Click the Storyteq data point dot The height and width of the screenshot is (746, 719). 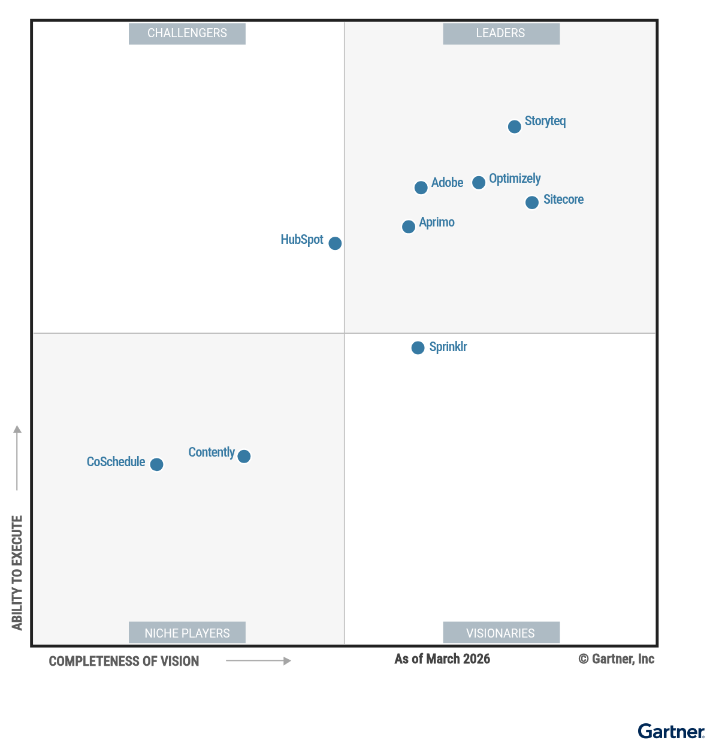click(x=514, y=126)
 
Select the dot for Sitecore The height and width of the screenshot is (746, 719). click(x=531, y=203)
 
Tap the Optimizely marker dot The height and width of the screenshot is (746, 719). click(x=478, y=182)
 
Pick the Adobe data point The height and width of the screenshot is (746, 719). click(x=421, y=187)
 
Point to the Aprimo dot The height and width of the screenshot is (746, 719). click(x=408, y=226)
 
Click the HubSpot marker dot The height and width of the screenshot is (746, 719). click(x=335, y=243)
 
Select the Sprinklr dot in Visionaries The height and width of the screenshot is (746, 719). click(x=418, y=348)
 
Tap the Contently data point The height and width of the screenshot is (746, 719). click(x=244, y=456)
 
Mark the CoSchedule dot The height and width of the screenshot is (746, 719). click(x=156, y=464)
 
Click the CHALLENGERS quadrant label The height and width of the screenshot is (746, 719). click(x=187, y=34)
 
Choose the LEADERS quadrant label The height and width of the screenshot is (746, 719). click(x=501, y=34)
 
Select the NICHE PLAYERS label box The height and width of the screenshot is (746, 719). click(x=187, y=633)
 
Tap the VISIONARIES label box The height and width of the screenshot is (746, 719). click(x=501, y=633)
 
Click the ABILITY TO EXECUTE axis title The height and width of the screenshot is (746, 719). click(x=17, y=572)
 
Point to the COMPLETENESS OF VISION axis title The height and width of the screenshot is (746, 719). click(x=124, y=662)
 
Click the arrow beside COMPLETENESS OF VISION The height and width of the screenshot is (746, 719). click(x=258, y=661)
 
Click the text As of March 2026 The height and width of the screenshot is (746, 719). click(x=442, y=659)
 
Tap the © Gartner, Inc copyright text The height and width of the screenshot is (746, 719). click(x=616, y=659)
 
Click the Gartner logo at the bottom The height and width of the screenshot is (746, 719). click(x=671, y=732)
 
